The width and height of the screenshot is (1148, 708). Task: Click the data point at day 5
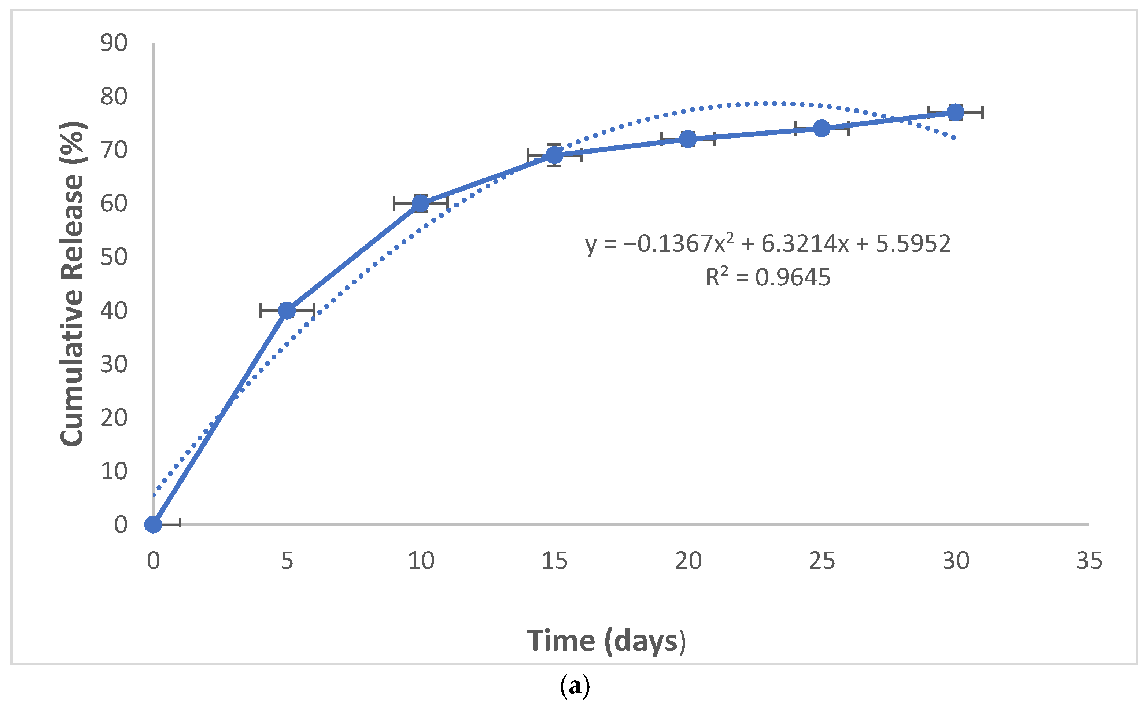[287, 310]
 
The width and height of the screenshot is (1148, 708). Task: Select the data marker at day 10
[420, 203]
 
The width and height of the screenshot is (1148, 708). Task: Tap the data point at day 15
[554, 155]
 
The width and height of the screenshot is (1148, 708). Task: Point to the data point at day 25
[822, 128]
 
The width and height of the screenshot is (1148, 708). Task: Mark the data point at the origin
[153, 524]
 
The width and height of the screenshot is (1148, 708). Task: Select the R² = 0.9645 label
[768, 277]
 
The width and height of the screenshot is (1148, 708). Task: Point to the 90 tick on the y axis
[114, 43]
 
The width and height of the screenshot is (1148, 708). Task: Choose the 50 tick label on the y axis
[114, 257]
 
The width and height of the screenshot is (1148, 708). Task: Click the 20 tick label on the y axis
[114, 418]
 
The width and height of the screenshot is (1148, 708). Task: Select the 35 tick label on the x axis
[1089, 561]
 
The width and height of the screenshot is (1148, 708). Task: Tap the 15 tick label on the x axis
[554, 561]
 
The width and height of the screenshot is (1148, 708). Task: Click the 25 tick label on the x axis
[822, 561]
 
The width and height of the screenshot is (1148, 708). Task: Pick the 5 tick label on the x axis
[287, 561]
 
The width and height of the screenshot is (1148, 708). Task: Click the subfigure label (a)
[575, 686]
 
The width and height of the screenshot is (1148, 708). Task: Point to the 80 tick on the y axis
[114, 96]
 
